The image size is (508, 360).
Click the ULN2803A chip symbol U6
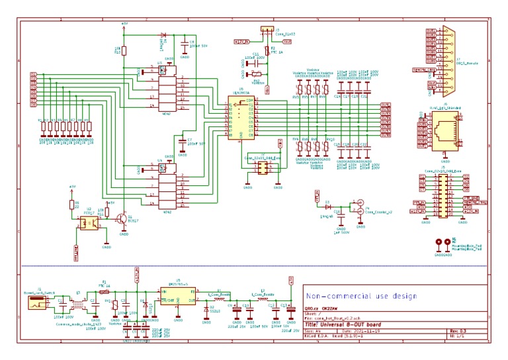pyautogui.click(x=241, y=118)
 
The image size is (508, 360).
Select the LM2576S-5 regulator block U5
pyautogui.click(x=178, y=295)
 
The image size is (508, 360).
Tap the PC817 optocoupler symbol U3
pyautogui.click(x=88, y=222)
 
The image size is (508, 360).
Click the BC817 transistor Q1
pyautogui.click(x=122, y=219)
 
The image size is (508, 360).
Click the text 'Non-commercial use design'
pyautogui.click(x=360, y=296)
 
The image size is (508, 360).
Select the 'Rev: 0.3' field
pyautogui.click(x=458, y=330)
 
